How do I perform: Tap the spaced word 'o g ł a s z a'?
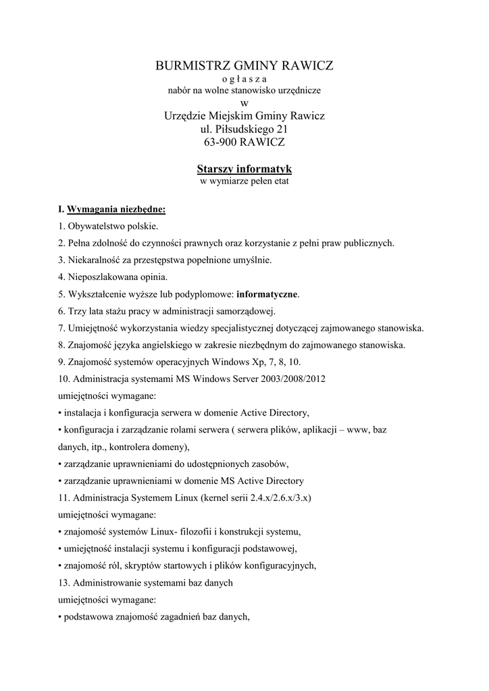244,78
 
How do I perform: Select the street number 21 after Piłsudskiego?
281,129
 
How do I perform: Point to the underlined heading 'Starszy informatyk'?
244,169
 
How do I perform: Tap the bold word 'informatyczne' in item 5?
267,294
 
